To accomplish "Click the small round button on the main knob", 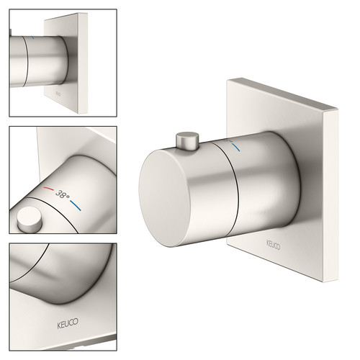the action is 187,141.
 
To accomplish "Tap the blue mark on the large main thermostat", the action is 236,147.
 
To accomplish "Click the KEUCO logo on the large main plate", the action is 273,245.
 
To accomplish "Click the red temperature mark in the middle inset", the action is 49,189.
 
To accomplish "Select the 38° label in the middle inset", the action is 63,194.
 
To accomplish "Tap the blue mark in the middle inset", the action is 76,205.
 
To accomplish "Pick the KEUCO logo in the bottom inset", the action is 68,323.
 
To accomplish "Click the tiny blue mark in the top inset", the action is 32,37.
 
